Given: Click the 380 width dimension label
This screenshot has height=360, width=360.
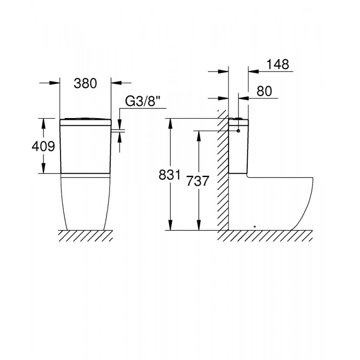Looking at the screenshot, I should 85,83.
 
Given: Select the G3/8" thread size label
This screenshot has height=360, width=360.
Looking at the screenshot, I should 142,101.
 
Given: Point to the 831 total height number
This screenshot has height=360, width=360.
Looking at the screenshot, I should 171,176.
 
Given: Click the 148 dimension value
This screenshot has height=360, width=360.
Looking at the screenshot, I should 279,64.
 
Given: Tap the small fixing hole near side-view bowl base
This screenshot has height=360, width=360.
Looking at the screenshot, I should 255,226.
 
